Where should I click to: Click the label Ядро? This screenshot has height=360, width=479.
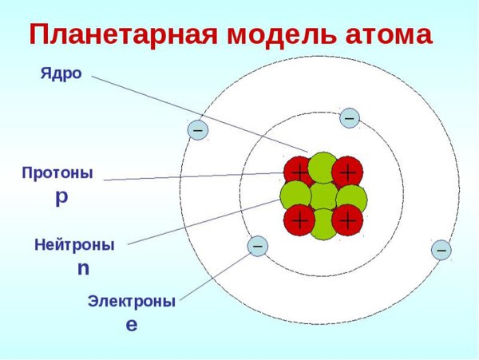click(61, 73)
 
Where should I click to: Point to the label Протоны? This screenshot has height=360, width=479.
click(57, 172)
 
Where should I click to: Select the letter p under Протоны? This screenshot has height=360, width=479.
click(61, 197)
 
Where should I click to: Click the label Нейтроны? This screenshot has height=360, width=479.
click(74, 245)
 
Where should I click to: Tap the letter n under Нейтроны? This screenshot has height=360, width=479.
click(83, 268)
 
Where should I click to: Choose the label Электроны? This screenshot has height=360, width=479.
click(131, 302)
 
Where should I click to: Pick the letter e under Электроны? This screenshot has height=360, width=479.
click(132, 325)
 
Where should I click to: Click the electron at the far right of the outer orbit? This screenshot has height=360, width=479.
click(441, 250)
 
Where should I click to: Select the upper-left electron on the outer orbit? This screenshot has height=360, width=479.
click(197, 129)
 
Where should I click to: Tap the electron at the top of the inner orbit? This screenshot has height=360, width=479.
click(349, 118)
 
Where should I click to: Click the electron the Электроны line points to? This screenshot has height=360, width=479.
click(258, 247)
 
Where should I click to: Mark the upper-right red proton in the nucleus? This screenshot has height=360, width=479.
click(347, 172)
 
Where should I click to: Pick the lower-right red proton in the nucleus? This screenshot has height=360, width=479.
click(347, 220)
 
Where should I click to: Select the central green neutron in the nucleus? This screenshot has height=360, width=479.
click(323, 196)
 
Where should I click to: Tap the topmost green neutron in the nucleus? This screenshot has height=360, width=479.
click(323, 167)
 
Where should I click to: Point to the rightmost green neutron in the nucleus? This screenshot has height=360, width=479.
click(351, 197)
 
